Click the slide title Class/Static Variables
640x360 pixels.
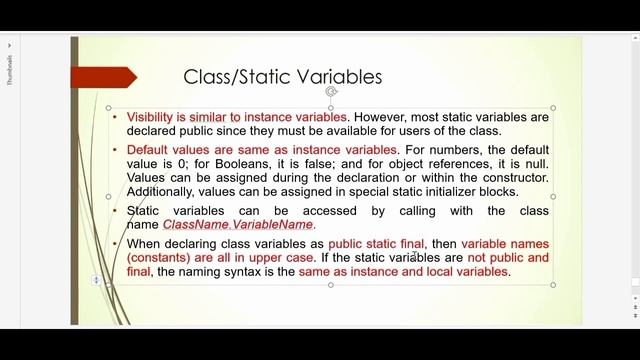click(x=282, y=77)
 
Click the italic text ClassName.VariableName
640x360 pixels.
click(x=238, y=225)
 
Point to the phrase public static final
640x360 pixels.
click(x=376, y=244)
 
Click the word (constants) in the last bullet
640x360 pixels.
click(x=160, y=258)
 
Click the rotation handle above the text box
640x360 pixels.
click(x=331, y=92)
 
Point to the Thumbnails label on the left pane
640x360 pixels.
click(x=10, y=70)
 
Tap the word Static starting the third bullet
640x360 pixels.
click(x=145, y=211)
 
